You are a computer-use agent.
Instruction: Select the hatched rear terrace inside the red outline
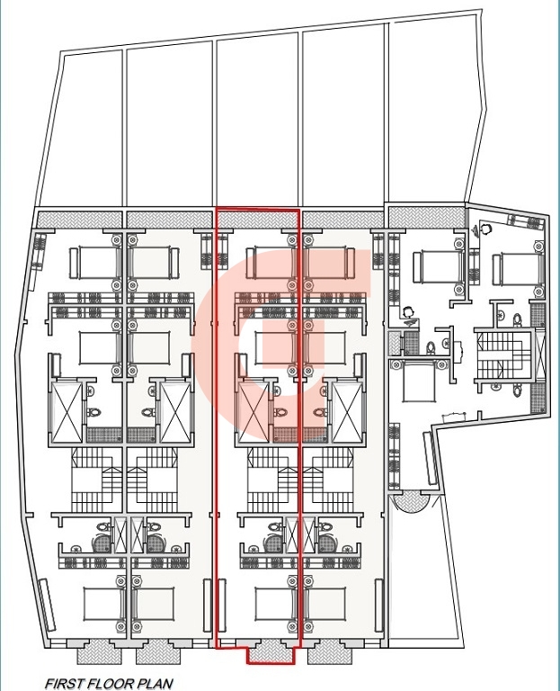point(257,219)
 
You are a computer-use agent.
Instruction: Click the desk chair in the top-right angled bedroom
point(485,229)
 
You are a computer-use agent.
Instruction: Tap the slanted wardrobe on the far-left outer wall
point(39,261)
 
